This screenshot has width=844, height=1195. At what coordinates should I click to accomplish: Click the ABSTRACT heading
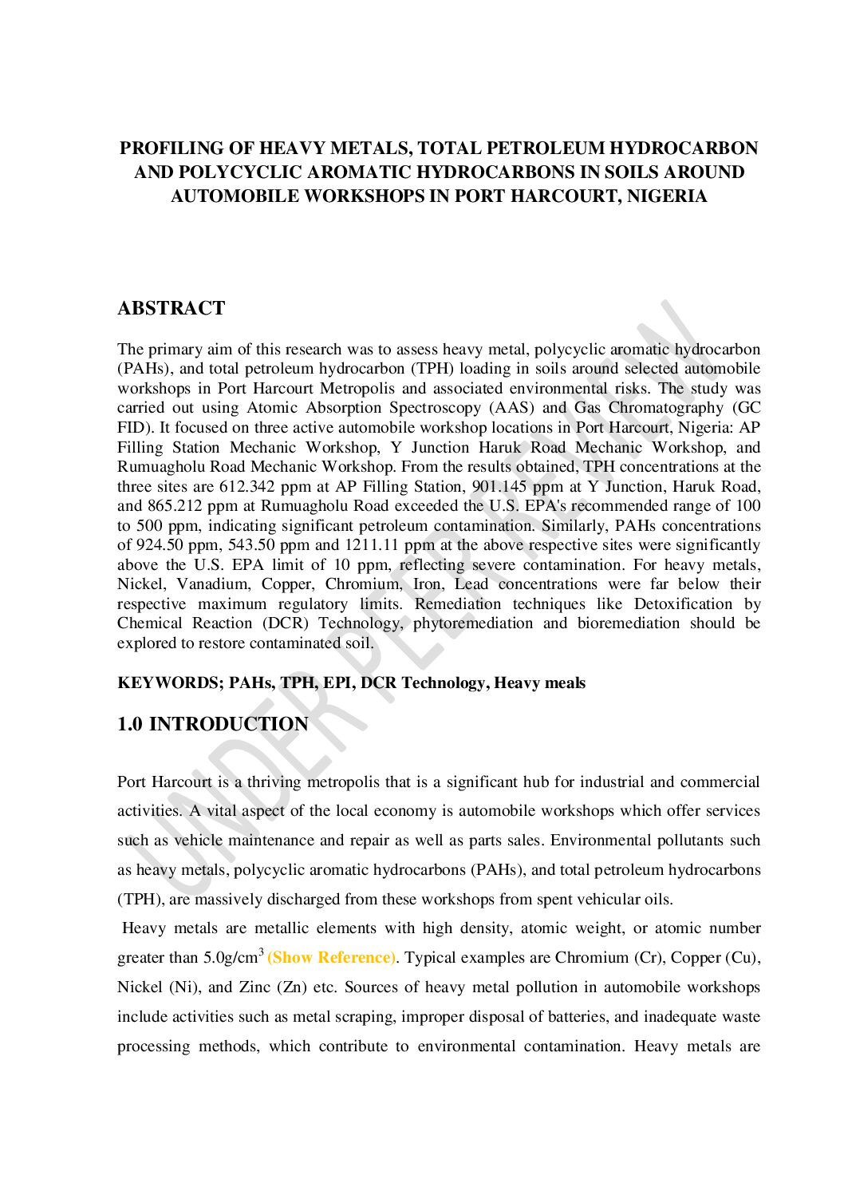tap(172, 308)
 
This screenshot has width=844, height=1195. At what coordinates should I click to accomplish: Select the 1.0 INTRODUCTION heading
tap(212, 724)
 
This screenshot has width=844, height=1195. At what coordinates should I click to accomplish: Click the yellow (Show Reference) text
tap(331, 958)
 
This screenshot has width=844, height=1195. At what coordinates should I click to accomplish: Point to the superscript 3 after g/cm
tap(261, 952)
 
